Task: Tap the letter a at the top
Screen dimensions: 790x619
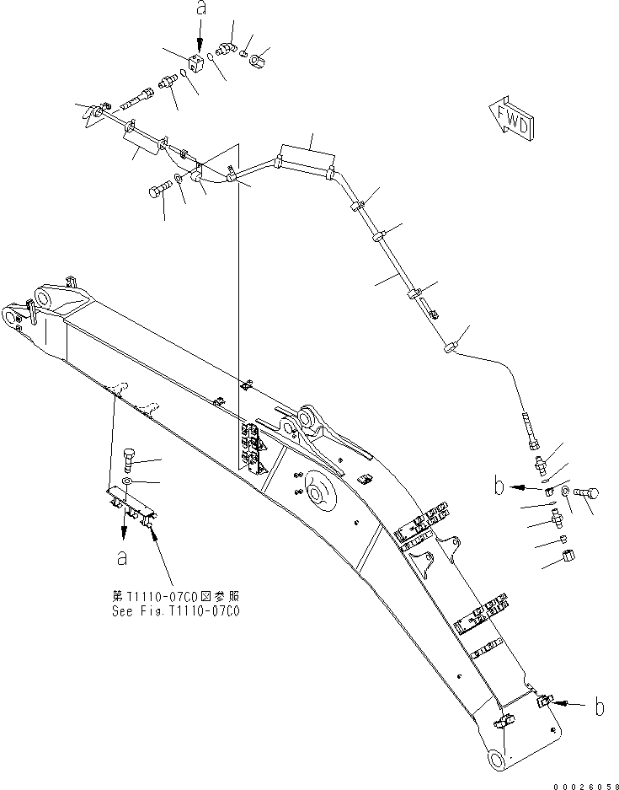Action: click(200, 9)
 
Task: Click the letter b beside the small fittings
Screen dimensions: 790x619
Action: click(499, 486)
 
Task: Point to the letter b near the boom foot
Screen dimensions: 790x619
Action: click(599, 707)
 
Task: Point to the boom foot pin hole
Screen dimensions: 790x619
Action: click(499, 761)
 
